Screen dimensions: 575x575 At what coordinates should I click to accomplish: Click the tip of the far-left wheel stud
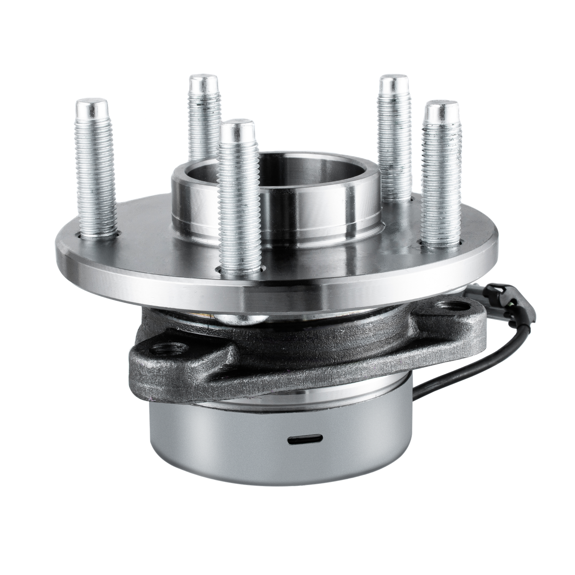click(x=91, y=107)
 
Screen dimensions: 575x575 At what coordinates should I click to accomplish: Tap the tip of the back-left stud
click(x=203, y=82)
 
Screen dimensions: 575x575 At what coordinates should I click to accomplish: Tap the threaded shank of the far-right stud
click(x=441, y=180)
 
